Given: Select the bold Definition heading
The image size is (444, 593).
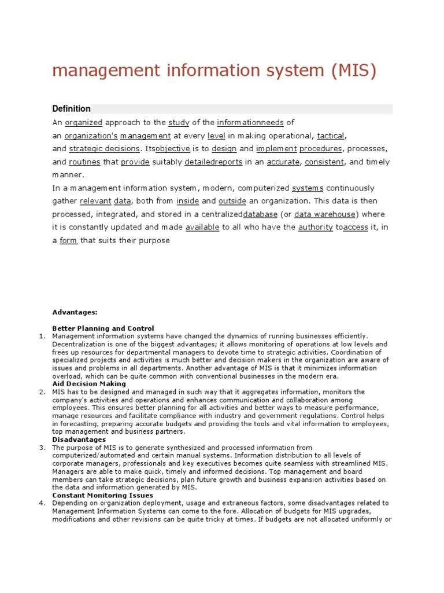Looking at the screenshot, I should [71, 109].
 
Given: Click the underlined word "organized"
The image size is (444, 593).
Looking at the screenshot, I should [84, 122].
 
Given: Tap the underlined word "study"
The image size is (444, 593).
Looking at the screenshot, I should [179, 122].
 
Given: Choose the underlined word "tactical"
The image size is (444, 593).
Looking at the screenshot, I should [331, 136].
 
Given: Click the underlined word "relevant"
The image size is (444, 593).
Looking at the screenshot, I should [95, 201].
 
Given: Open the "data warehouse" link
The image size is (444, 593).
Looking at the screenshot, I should [325, 214].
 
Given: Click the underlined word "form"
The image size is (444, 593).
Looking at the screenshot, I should [68, 240].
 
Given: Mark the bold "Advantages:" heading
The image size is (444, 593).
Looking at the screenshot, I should [75, 312].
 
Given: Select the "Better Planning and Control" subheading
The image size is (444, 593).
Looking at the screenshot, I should [103, 328].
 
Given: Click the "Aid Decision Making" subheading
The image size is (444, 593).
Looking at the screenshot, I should [89, 384].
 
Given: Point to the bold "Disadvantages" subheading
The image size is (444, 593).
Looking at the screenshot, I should [79, 440].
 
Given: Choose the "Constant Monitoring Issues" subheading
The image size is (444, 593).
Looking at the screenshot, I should [102, 495].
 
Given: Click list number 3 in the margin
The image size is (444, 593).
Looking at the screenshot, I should [42, 448].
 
